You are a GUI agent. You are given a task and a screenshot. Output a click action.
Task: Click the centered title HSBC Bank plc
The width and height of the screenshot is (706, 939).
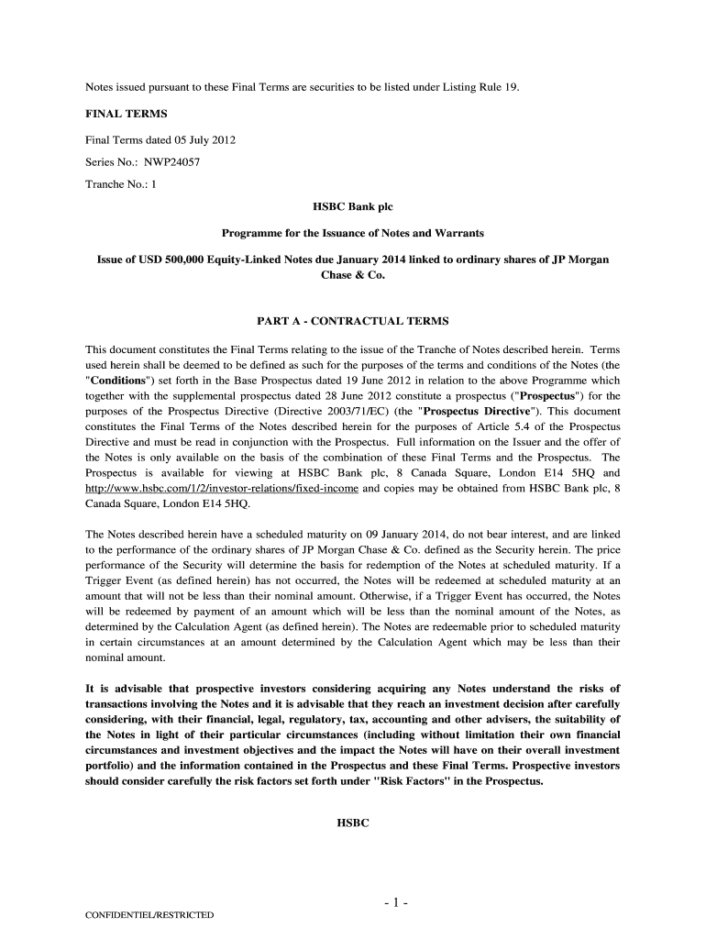point(353,208)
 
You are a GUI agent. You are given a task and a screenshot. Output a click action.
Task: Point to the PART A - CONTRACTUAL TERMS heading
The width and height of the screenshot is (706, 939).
point(353,322)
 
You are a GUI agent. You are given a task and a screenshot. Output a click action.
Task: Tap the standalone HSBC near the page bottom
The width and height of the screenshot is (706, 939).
point(353,823)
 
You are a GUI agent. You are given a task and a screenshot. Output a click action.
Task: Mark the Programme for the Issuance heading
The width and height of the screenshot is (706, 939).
point(353,233)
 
